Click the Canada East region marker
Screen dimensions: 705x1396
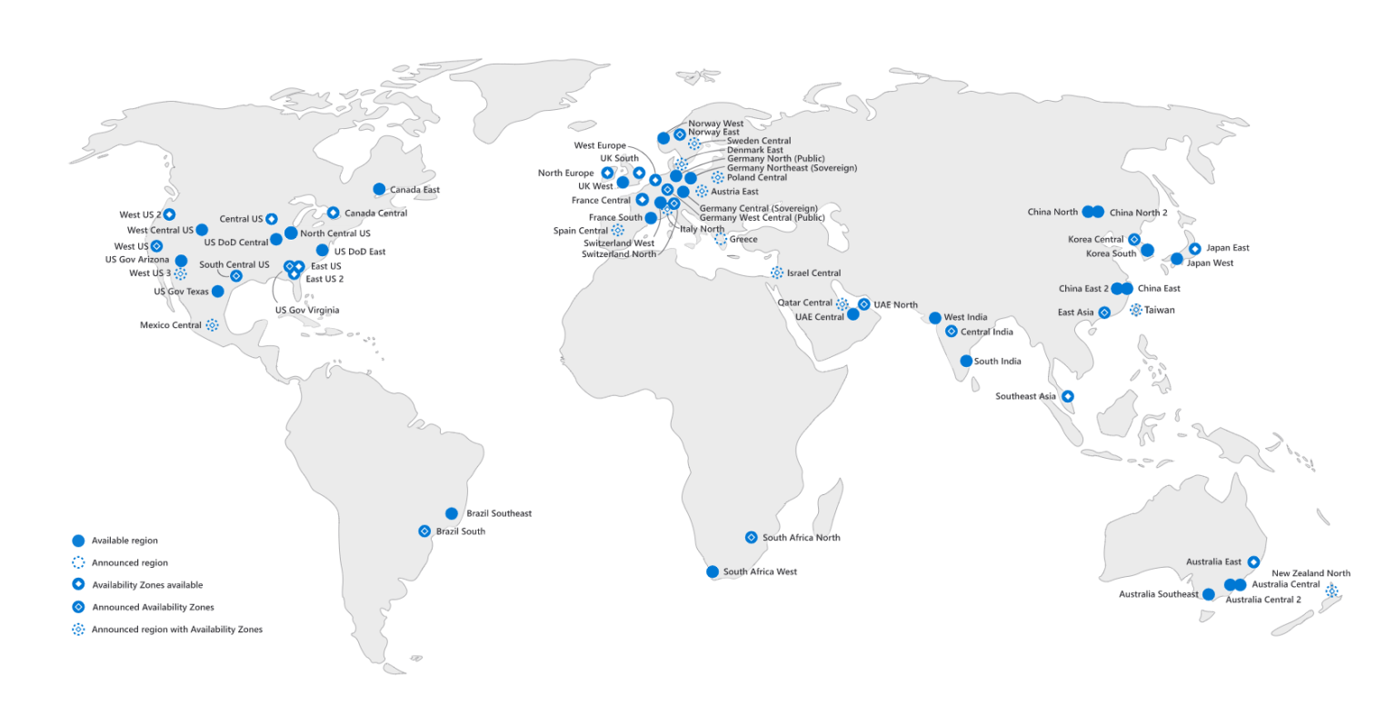379,189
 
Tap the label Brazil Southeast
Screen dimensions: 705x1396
498,513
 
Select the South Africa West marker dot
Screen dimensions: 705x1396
713,571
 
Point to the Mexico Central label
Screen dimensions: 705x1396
171,324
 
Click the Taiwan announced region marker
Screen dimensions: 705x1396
1135,310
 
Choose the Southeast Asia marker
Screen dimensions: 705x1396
1068,396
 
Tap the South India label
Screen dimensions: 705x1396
997,361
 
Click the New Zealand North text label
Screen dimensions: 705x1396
1311,573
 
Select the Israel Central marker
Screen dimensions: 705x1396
777,273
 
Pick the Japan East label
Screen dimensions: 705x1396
1228,247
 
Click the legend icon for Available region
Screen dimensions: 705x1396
78,541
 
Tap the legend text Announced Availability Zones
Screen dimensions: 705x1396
153,607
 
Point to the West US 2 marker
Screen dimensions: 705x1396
169,213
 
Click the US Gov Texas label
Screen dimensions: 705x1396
181,292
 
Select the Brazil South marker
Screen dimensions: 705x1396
424,531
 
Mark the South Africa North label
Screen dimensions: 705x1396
801,537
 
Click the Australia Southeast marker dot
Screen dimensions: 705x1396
1208,594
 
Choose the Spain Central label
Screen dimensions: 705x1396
580,231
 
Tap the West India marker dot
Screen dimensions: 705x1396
935,318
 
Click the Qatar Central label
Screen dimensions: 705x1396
804,303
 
